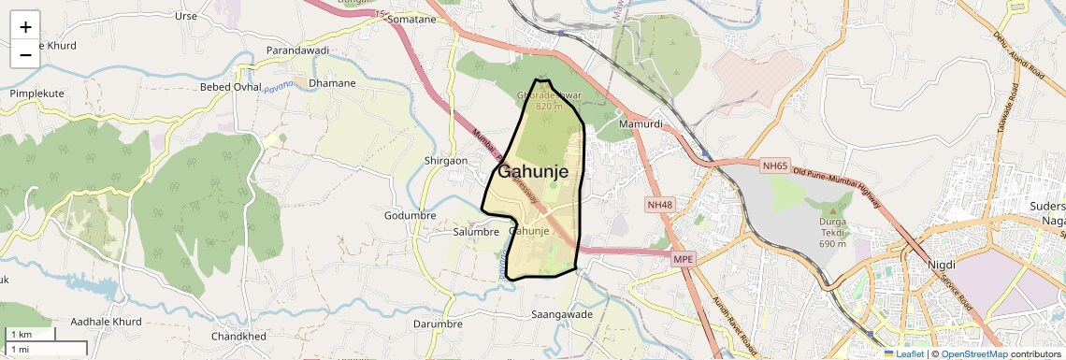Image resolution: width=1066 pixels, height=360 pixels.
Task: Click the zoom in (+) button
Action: (x=25, y=26)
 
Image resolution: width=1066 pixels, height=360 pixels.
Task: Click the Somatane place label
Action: (x=411, y=19)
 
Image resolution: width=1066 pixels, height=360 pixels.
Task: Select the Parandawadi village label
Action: (x=298, y=50)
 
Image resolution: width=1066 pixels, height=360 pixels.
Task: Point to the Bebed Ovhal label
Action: (x=231, y=87)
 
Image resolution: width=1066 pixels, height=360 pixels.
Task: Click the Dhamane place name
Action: (x=332, y=83)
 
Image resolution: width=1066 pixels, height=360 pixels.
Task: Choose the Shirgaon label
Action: (x=446, y=161)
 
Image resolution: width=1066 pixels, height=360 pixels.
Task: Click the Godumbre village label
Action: (x=411, y=215)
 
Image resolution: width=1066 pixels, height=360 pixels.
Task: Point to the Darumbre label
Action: (x=438, y=324)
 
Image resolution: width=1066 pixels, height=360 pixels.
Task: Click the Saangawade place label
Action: (x=562, y=315)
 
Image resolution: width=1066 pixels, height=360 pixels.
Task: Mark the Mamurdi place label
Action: (x=641, y=123)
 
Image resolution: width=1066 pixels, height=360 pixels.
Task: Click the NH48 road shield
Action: (x=659, y=204)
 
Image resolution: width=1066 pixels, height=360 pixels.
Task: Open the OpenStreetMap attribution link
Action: (x=973, y=354)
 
